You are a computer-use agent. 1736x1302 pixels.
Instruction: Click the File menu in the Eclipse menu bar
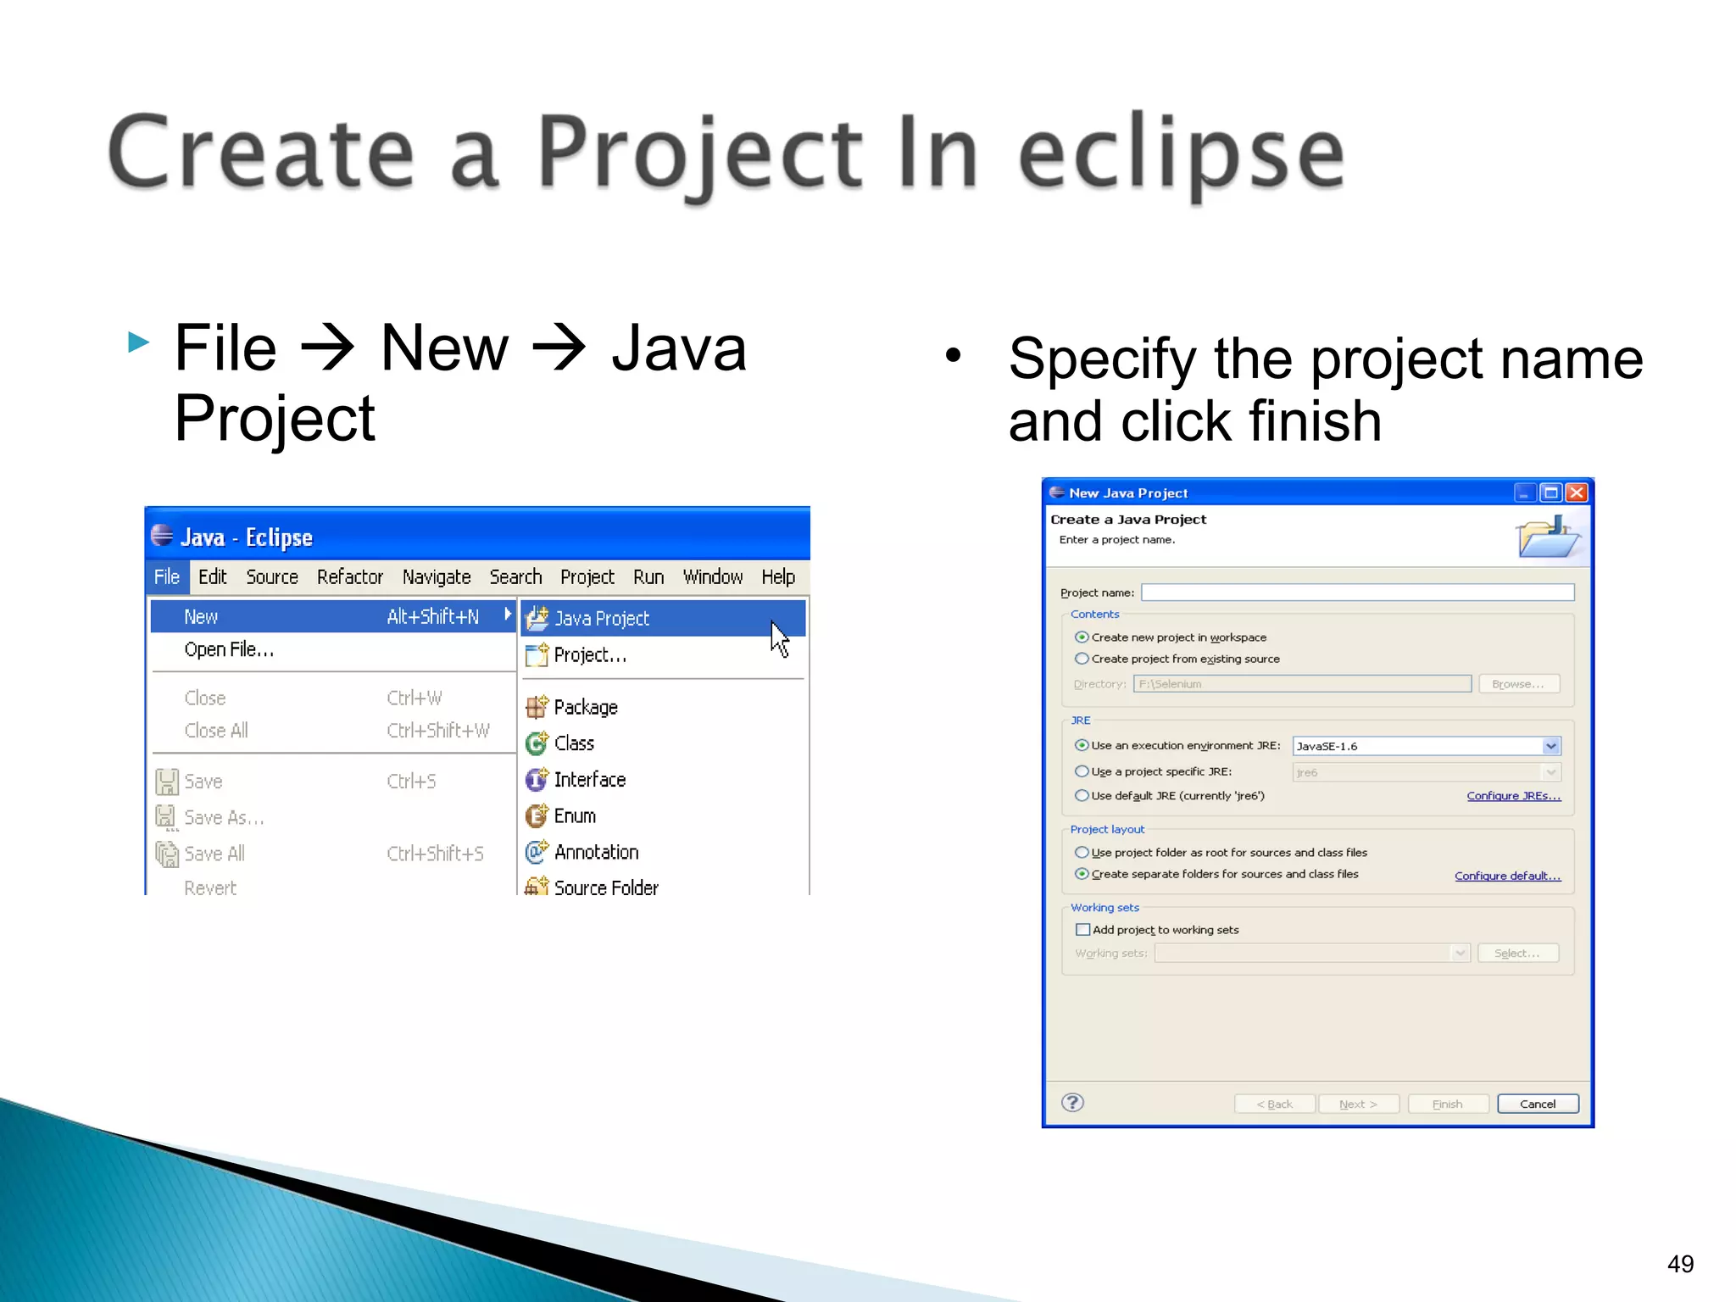pyautogui.click(x=166, y=577)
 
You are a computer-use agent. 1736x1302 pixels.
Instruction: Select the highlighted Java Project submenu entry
pyautogui.click(x=601, y=619)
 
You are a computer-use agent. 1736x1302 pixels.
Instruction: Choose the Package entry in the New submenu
pyautogui.click(x=585, y=707)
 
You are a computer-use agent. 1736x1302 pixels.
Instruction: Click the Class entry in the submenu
pyautogui.click(x=574, y=743)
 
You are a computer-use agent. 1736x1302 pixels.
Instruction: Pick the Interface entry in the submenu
pyautogui.click(x=589, y=780)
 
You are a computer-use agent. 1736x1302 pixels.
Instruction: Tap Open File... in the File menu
pyautogui.click(x=229, y=650)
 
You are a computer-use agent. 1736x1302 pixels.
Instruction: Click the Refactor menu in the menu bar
pyautogui.click(x=349, y=577)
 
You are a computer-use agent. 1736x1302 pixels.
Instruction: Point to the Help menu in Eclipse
pyautogui.click(x=777, y=577)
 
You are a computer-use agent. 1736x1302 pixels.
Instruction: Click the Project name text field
pyautogui.click(x=1356, y=593)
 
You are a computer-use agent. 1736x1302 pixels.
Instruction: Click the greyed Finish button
pyautogui.click(x=1447, y=1104)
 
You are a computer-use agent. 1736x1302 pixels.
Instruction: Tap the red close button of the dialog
pyautogui.click(x=1576, y=492)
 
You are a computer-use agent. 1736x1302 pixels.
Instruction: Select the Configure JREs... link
pyautogui.click(x=1513, y=796)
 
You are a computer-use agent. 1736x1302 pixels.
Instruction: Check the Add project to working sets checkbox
pyautogui.click(x=1082, y=930)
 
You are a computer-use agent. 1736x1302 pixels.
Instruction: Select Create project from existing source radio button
pyautogui.click(x=1082, y=659)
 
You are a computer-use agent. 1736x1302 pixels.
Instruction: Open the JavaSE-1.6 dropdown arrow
pyautogui.click(x=1550, y=746)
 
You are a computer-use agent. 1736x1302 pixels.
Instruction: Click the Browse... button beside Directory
pyautogui.click(x=1518, y=684)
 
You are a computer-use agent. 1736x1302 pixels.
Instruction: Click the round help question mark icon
pyautogui.click(x=1072, y=1102)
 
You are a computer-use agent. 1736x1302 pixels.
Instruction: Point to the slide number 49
pyautogui.click(x=1680, y=1264)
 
